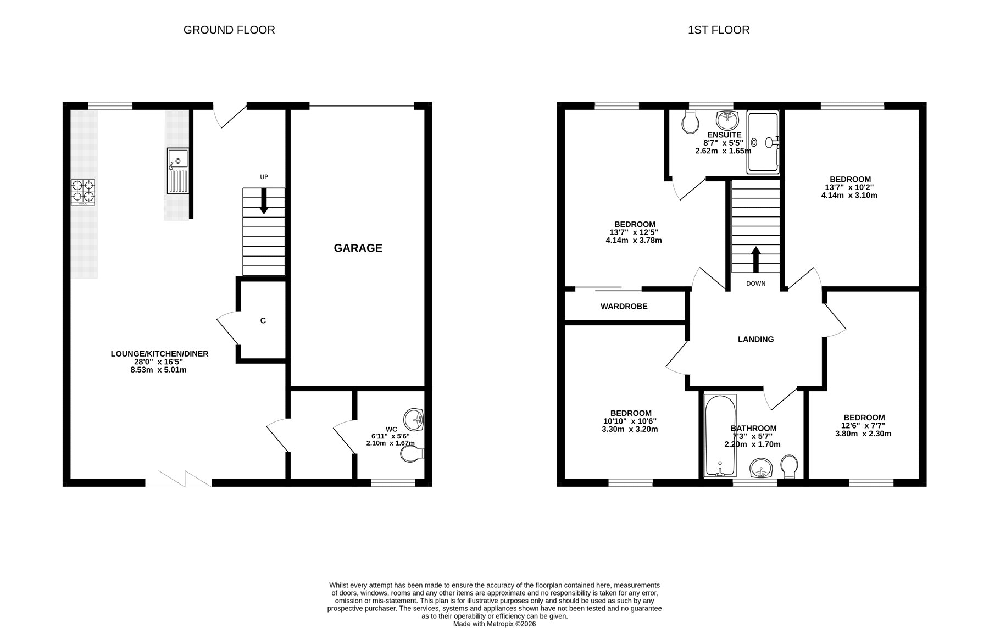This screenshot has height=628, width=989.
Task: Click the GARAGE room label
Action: (x=358, y=248)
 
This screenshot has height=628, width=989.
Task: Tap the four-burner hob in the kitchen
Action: (x=83, y=193)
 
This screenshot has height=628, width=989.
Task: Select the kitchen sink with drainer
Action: (x=177, y=171)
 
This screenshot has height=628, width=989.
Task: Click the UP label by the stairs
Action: (x=264, y=177)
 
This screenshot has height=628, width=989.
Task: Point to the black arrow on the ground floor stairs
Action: (x=264, y=201)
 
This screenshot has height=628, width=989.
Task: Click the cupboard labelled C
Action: (x=263, y=320)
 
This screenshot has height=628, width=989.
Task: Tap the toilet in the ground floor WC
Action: (x=413, y=454)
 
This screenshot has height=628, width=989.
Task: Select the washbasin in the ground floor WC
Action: (x=414, y=420)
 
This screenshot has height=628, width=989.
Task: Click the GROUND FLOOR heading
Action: (x=229, y=30)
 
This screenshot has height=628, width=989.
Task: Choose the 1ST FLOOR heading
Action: (x=719, y=30)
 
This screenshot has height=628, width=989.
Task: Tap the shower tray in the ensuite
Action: (x=763, y=142)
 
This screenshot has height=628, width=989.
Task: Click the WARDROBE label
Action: (x=624, y=306)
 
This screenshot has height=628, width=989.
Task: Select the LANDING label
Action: (x=755, y=339)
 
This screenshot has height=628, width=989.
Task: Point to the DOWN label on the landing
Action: (x=755, y=284)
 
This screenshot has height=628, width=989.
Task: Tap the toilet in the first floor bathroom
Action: (x=789, y=466)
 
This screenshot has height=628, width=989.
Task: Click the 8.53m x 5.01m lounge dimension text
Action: (x=159, y=370)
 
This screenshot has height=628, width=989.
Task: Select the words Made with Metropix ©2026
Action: (x=494, y=624)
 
